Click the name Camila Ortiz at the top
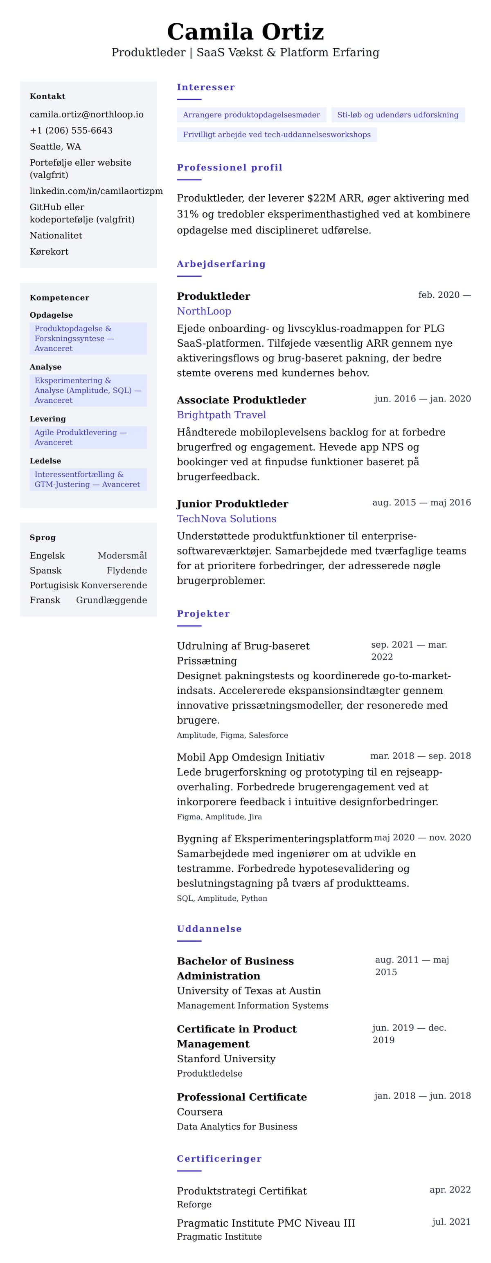(245, 32)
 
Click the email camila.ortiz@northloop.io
(86, 114)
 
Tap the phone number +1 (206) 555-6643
(71, 130)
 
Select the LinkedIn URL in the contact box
(96, 191)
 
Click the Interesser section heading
(205, 87)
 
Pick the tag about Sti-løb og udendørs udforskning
(397, 115)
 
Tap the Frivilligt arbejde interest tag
(277, 135)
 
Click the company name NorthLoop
(204, 311)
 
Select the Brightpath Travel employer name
(221, 415)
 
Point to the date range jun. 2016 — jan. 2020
(422, 399)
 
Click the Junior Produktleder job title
(232, 504)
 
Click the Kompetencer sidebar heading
(59, 298)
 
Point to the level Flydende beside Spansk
(126, 570)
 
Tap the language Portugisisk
(54, 585)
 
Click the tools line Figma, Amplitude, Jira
(219, 817)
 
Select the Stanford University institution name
(226, 1059)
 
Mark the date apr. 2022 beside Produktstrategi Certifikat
(450, 1189)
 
